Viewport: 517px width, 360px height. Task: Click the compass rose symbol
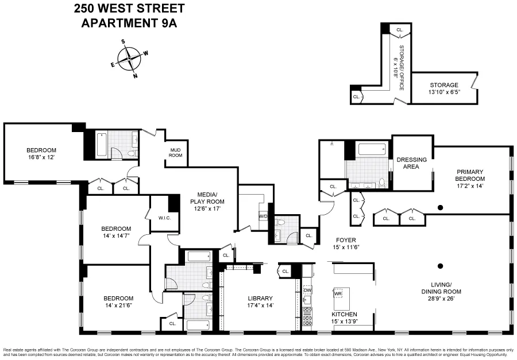pyautogui.click(x=130, y=58)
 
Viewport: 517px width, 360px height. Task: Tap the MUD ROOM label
pyautogui.click(x=175, y=153)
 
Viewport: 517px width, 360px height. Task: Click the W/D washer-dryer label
pyautogui.click(x=264, y=216)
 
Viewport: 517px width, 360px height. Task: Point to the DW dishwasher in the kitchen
pyautogui.click(x=307, y=291)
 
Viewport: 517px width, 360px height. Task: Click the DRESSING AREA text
pyautogui.click(x=412, y=163)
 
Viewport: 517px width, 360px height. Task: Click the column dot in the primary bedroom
pyautogui.click(x=440, y=207)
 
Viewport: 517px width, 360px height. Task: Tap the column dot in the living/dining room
pyautogui.click(x=440, y=265)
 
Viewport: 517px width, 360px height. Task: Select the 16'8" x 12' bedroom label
pyautogui.click(x=40, y=153)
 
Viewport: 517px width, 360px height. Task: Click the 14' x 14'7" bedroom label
pyautogui.click(x=116, y=231)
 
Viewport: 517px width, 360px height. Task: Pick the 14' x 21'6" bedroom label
pyautogui.click(x=118, y=301)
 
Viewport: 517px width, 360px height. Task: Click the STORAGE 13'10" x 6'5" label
pyautogui.click(x=443, y=88)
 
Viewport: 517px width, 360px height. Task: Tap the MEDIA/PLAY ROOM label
pyautogui.click(x=207, y=202)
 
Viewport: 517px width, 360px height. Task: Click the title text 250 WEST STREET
pyautogui.click(x=129, y=9)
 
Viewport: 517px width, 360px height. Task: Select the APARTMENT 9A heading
pyautogui.click(x=129, y=23)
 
